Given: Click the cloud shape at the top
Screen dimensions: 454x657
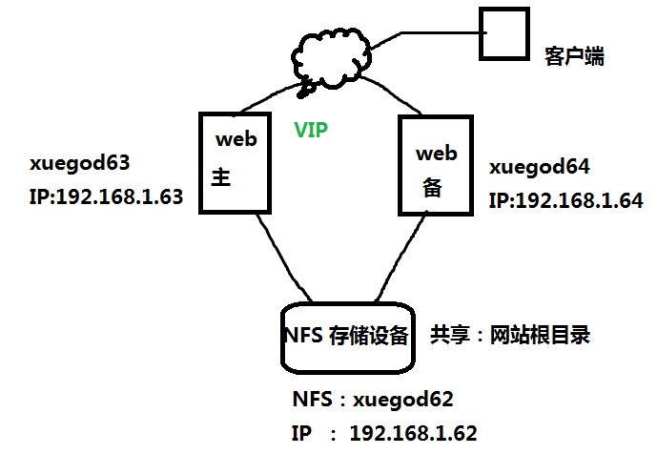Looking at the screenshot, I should point(329,58).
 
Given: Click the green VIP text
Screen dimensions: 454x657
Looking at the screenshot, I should point(311,129).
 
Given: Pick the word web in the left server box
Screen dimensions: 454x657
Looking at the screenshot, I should point(236,140).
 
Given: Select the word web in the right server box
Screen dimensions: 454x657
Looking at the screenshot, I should point(436,153).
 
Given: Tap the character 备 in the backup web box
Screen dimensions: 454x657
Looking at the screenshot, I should point(430,188).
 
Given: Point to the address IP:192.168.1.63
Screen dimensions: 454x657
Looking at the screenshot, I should point(106,197).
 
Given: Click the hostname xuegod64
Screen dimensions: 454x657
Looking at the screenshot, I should point(540,167).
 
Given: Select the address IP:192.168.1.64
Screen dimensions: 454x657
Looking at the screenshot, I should point(566,201).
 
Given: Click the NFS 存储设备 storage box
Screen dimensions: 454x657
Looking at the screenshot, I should point(347,336).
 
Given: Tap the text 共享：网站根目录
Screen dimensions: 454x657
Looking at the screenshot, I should point(510,335).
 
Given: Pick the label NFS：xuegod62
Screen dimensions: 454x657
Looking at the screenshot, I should point(372,399).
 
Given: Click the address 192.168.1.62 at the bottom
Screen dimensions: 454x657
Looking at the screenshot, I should point(413,433).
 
